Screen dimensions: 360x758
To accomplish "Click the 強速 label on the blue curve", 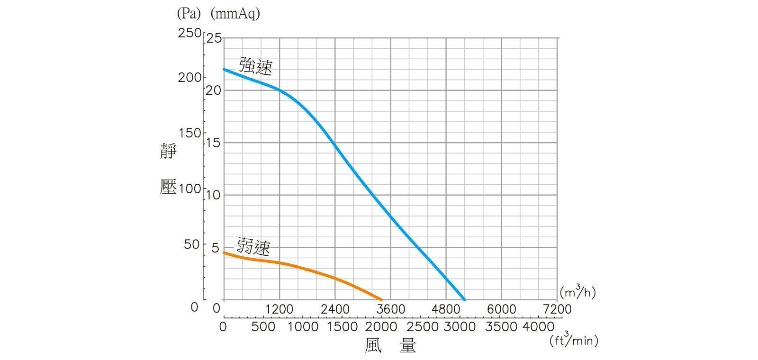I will coord(256,66).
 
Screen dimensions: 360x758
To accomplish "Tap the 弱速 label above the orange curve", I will coord(253,246).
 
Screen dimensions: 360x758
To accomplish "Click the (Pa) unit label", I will coord(189,13).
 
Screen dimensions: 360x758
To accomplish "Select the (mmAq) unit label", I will coord(235,13).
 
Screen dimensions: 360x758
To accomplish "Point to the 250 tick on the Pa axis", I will coord(189,33).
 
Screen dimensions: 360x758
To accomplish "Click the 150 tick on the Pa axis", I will coord(189,133).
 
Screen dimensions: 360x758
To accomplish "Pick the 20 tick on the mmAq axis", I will coord(214,90).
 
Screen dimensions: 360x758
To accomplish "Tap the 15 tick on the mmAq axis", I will coord(214,143).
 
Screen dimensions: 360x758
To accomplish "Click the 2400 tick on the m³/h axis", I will coord(335,309).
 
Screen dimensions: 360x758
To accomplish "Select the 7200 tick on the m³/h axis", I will coord(557,309).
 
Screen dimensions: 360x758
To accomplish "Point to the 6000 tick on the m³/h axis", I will coord(502,309).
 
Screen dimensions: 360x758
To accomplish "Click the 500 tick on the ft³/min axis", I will coord(263,326).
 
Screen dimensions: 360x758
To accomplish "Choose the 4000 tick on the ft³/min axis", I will coord(538,326).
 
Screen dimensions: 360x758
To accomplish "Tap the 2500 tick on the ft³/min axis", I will coord(423,326).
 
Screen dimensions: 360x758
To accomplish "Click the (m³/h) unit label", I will coord(578,292).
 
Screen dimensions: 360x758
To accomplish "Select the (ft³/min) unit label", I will coord(574,340).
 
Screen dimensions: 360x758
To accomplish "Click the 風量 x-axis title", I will coord(390,345).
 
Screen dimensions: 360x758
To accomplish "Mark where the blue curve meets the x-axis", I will coord(465,299).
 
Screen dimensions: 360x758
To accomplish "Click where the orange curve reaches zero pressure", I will coord(381,299).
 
